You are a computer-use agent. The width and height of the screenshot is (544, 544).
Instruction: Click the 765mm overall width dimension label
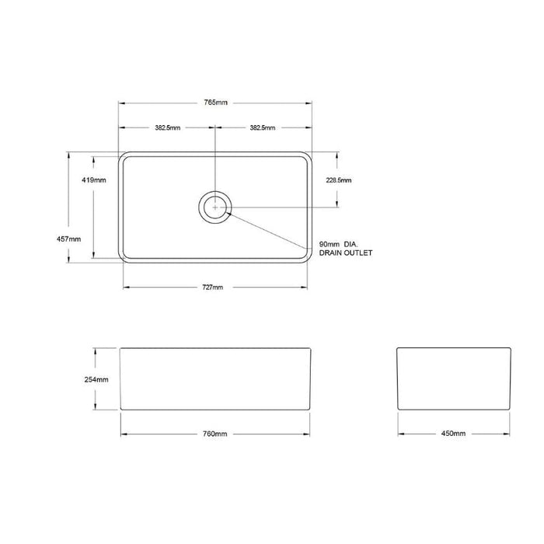(x=215, y=103)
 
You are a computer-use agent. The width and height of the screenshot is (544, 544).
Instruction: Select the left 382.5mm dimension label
(x=168, y=127)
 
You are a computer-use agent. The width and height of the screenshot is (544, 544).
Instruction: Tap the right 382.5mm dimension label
(x=263, y=127)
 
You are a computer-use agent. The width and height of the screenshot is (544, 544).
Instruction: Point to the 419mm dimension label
(x=94, y=180)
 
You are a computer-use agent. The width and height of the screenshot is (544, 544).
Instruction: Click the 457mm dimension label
(x=68, y=239)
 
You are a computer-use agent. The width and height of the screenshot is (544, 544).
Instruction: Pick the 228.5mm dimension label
(x=339, y=180)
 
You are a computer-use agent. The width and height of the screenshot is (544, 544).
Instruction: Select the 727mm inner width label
(x=213, y=288)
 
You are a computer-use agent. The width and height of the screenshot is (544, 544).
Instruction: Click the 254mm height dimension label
(x=96, y=379)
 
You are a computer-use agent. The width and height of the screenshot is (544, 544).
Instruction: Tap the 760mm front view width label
(x=215, y=434)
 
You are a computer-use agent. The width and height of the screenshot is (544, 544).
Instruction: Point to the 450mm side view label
(x=453, y=434)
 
